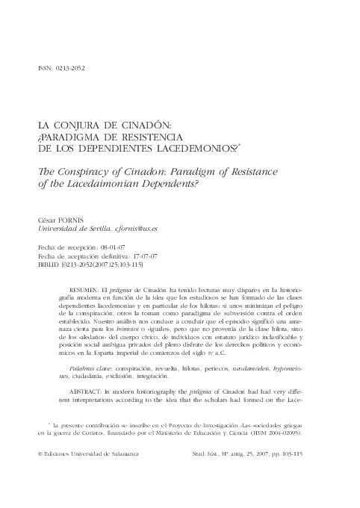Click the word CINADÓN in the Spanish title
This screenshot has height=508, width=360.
coord(146,126)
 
